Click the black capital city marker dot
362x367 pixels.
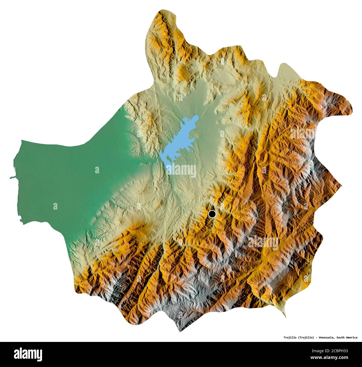[x=212, y=214]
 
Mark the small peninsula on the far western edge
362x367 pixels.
[x=12, y=177]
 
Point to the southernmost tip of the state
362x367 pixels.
[x=180, y=332]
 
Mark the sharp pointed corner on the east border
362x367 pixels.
[x=341, y=185]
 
